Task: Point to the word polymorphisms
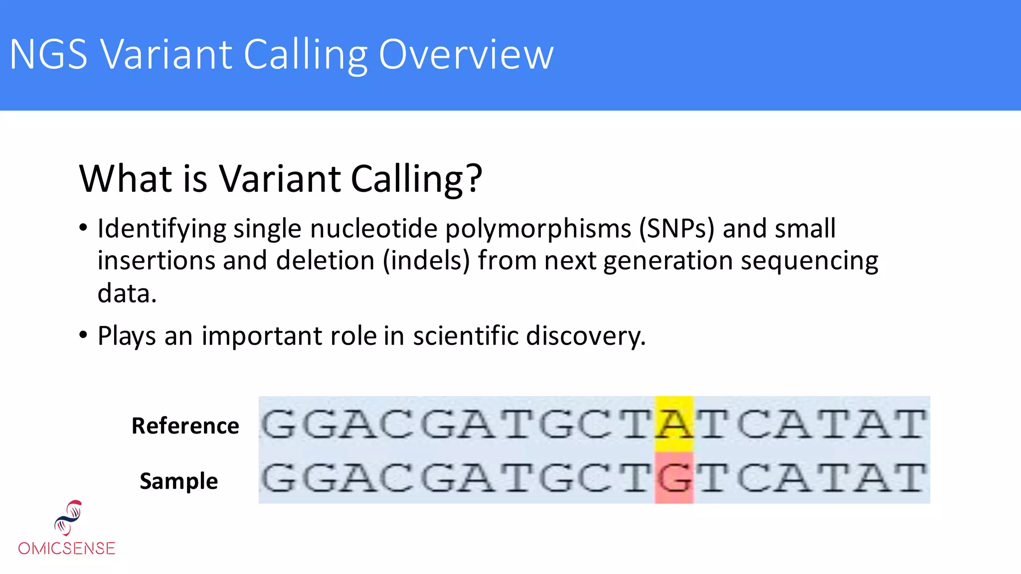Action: (x=538, y=229)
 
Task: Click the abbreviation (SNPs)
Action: (x=677, y=229)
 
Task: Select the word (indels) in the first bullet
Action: (x=426, y=261)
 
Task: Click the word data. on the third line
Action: (x=127, y=293)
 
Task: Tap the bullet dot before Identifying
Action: (x=83, y=228)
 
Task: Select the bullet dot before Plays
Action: (x=83, y=335)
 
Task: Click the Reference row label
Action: (x=185, y=426)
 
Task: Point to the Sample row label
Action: (x=178, y=481)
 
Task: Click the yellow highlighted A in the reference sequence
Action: (x=674, y=424)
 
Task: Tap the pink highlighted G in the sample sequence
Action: (x=674, y=478)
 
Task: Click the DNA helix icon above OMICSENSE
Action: (x=68, y=518)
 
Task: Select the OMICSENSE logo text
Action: (x=67, y=548)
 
